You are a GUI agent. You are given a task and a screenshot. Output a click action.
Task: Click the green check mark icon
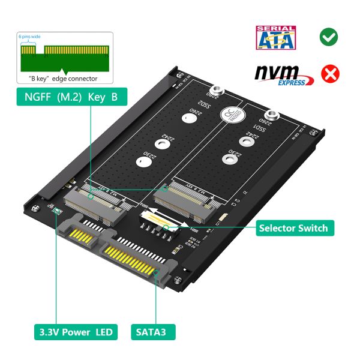[x=328, y=37]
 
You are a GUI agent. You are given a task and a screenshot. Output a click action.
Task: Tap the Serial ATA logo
[x=275, y=37]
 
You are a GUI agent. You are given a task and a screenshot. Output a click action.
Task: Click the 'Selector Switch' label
[x=293, y=228]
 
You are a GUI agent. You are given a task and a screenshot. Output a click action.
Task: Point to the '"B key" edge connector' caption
[x=63, y=78]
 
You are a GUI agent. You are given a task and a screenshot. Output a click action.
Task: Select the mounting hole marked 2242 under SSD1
[x=244, y=142]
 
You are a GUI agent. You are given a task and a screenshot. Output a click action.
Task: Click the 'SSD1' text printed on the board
[x=260, y=129]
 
